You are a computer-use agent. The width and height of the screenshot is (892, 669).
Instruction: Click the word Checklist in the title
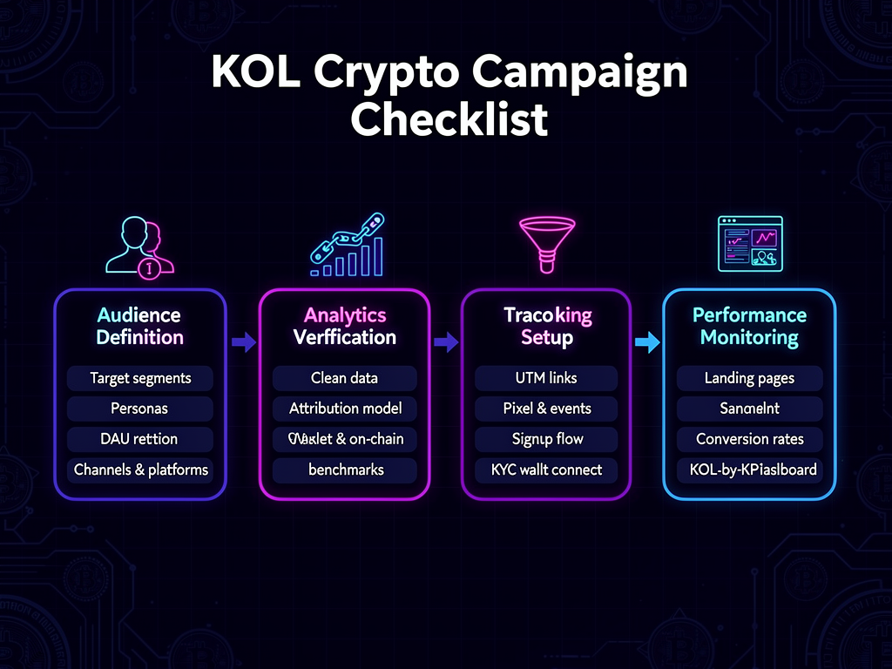point(449,119)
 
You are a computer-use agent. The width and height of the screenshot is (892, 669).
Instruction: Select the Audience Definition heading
point(140,326)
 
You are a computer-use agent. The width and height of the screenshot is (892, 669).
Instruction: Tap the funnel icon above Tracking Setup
point(547,247)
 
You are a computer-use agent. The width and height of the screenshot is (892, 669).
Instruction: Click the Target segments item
point(140,378)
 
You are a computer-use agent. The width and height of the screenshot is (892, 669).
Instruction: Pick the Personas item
point(140,409)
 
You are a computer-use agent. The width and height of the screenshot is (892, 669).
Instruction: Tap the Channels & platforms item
point(140,470)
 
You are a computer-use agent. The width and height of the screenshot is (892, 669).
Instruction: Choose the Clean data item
point(345,378)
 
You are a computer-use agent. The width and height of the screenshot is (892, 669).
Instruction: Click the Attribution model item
point(345,409)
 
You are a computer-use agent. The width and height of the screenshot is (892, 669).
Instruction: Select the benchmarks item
point(345,470)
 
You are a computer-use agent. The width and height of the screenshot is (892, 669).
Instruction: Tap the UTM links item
point(546,378)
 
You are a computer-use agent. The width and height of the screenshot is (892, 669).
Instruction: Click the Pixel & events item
point(546,409)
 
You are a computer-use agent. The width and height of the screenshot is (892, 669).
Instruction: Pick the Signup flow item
point(546,439)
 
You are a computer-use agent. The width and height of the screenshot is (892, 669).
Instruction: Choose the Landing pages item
point(749,378)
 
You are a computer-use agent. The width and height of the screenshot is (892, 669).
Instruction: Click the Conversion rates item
point(749,439)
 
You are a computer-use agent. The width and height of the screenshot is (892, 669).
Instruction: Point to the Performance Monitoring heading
point(749,326)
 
